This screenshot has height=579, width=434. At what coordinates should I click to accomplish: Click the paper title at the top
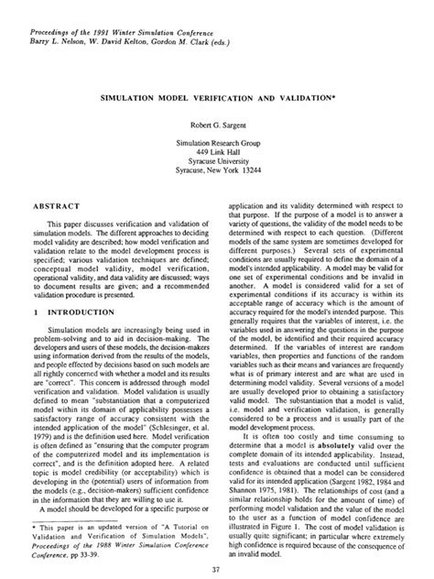216,93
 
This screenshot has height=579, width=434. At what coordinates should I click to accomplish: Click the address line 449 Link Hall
216,152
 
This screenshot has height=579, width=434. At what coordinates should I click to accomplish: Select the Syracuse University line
216,162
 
